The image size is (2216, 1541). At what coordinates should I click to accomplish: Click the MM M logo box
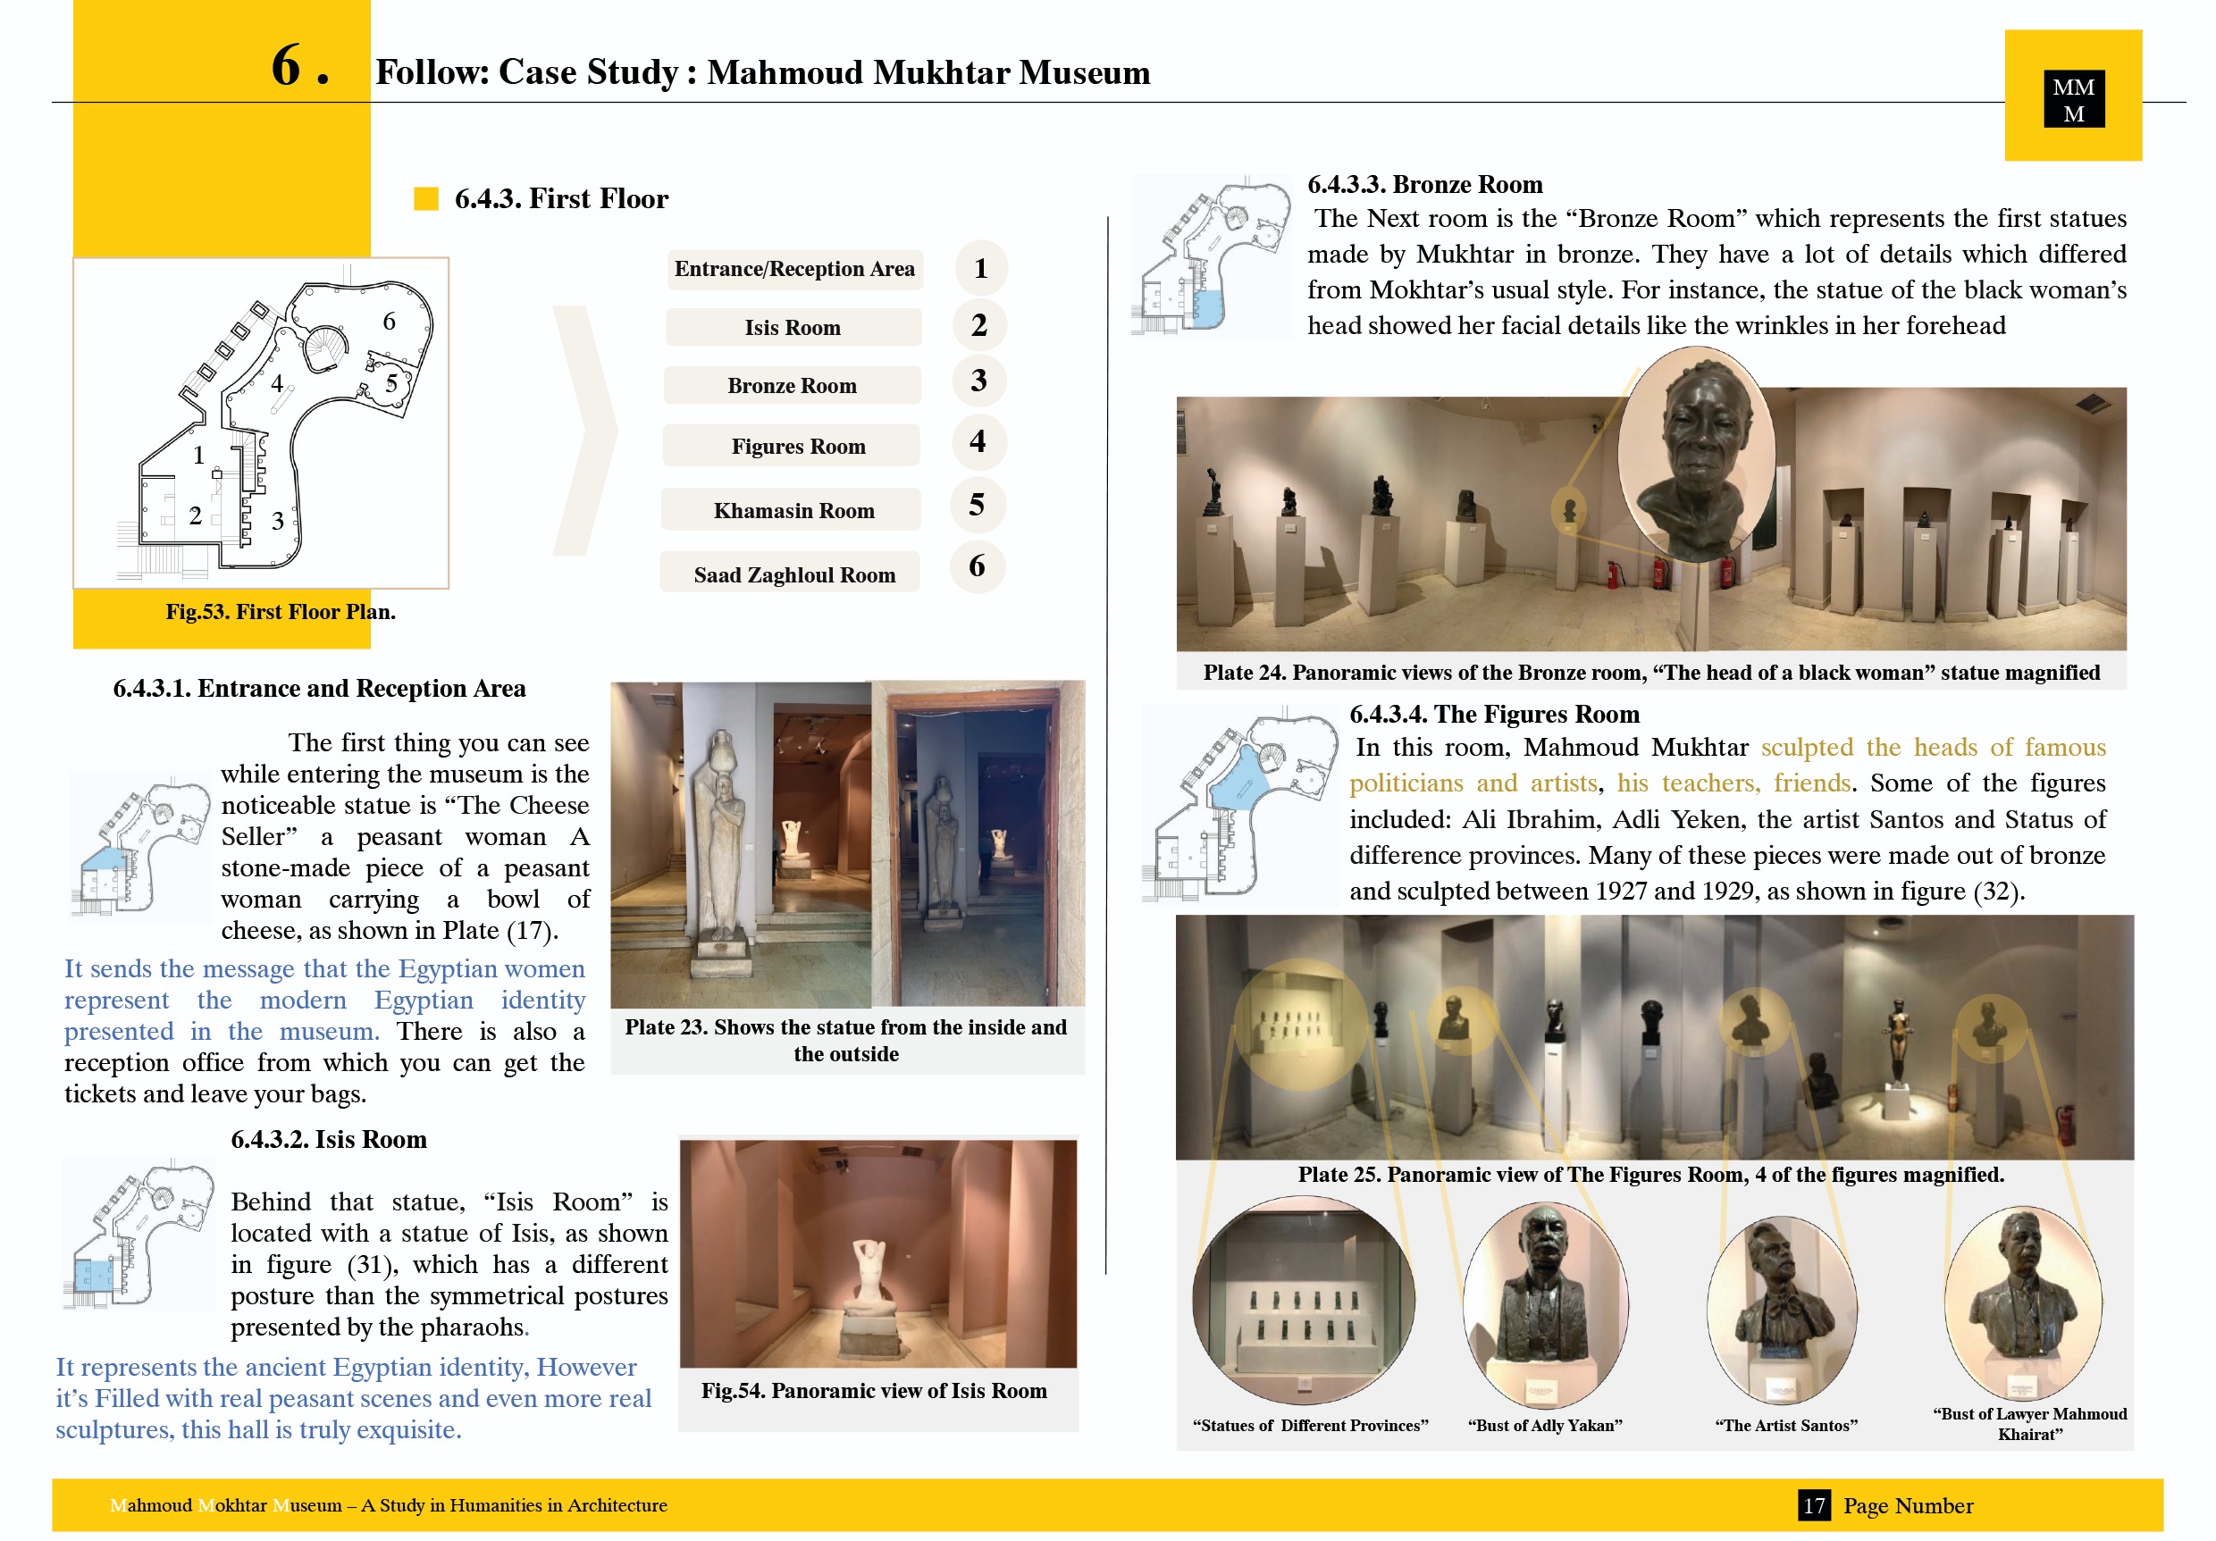point(2073,98)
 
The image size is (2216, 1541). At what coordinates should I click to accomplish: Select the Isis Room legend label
point(793,327)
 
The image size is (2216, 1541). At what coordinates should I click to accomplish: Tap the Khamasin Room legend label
point(793,510)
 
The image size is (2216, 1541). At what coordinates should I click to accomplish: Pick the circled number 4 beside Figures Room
point(978,442)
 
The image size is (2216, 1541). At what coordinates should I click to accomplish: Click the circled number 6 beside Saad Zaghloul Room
point(977,565)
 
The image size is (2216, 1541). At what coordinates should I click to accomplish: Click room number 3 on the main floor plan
point(277,521)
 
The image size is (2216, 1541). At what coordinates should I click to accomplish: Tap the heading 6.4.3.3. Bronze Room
point(1424,184)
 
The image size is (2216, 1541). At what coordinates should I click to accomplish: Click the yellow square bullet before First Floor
point(425,199)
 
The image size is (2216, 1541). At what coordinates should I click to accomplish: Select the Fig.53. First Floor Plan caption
point(280,612)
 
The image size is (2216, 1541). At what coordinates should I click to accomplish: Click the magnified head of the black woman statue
point(1696,454)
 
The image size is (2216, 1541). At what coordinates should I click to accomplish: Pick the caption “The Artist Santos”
point(1785,1425)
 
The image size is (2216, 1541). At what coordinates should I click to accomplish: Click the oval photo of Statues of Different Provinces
point(1303,1299)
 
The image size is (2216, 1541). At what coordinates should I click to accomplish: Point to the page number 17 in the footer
point(1814,1505)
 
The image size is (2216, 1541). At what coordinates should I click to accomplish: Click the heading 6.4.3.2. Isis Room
point(328,1140)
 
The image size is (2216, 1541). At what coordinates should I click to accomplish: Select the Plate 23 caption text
point(845,1040)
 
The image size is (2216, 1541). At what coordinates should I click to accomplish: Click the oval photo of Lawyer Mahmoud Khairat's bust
point(2023,1302)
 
